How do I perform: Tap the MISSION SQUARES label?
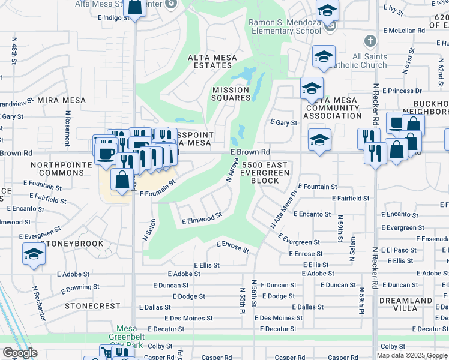[x=231, y=94]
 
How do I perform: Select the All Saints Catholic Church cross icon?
[x=370, y=41]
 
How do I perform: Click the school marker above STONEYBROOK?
[x=34, y=254]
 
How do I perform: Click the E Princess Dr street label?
[x=405, y=91]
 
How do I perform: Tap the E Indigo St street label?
[x=113, y=18]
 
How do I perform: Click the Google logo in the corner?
[x=20, y=353]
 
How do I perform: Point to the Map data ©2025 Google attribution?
[x=411, y=355]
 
